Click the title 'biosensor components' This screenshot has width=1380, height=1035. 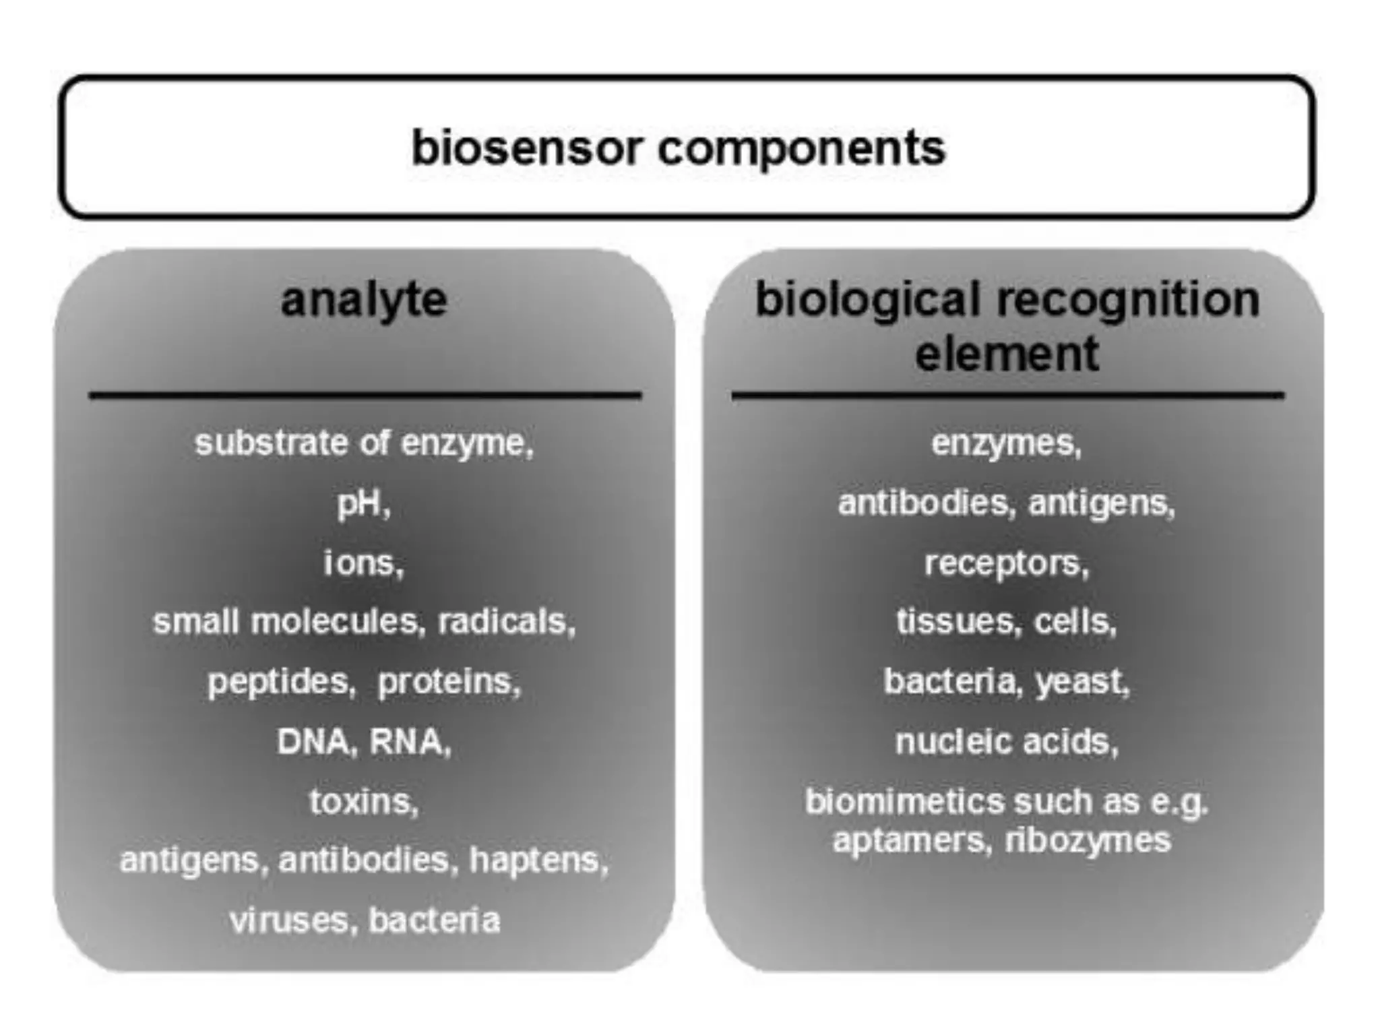point(679,148)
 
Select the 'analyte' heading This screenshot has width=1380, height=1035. point(364,300)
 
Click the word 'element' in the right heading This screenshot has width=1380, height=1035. point(1007,354)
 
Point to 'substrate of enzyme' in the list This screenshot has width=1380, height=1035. point(364,443)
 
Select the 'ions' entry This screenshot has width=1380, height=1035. point(363,563)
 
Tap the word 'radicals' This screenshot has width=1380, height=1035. point(506,622)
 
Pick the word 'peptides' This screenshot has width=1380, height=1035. point(280,682)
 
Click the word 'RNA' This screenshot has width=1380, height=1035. point(408,742)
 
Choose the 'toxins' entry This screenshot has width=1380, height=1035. point(363,802)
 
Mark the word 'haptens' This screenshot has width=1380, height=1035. point(538,860)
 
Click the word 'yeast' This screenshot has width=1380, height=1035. point(1081,682)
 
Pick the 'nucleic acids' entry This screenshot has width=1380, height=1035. point(1006,742)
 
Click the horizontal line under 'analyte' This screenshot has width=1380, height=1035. point(364,396)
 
